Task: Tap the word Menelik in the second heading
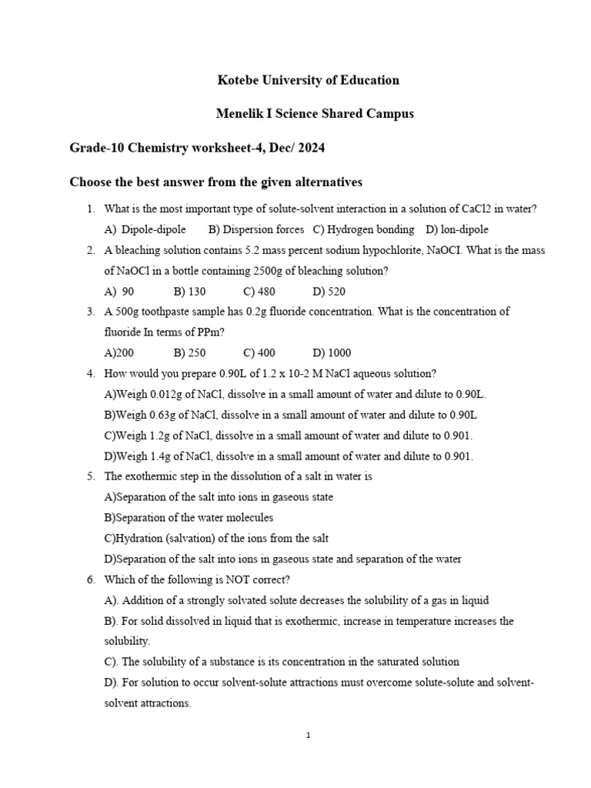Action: pyautogui.click(x=239, y=113)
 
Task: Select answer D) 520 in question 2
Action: pyautogui.click(x=329, y=292)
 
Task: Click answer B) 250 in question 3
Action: pyautogui.click(x=189, y=353)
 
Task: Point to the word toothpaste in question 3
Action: pyautogui.click(x=183, y=312)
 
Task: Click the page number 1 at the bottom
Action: pyautogui.click(x=308, y=735)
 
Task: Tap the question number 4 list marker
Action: pyautogui.click(x=90, y=374)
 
